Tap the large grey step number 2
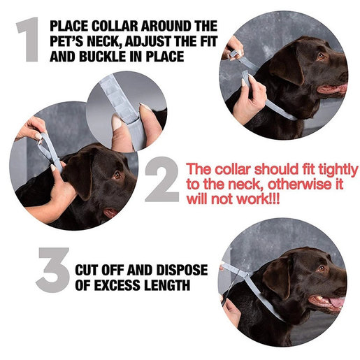(x=162, y=179)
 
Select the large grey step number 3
(x=53, y=270)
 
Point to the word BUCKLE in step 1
(x=103, y=57)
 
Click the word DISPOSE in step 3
(x=182, y=270)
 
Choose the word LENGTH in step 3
(x=167, y=285)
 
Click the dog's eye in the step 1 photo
(x=321, y=56)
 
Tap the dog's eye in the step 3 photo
(x=322, y=268)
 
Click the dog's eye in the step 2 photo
(x=117, y=175)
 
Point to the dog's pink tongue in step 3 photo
(x=337, y=303)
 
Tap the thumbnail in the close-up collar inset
(x=117, y=122)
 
